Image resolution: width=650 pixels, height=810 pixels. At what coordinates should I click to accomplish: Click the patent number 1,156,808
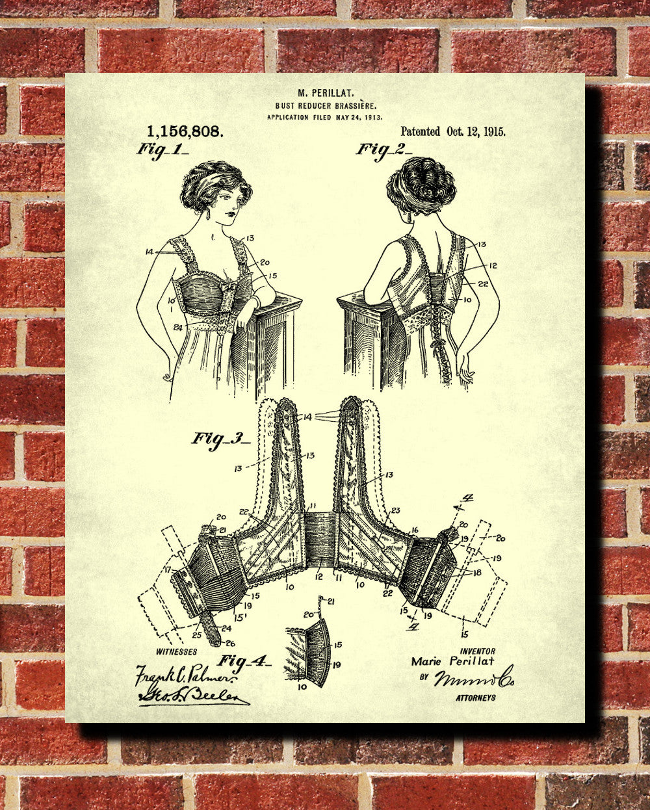185,131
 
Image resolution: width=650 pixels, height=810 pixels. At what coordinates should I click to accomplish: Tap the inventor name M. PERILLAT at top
324,94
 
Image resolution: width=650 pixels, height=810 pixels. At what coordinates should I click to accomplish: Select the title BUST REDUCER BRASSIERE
324,105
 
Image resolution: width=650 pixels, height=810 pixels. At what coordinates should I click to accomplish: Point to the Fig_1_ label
162,149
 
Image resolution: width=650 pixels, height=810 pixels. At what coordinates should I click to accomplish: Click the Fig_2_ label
383,150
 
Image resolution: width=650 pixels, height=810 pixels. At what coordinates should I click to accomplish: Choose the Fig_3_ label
220,439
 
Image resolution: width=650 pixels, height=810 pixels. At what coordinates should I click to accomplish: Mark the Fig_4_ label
243,662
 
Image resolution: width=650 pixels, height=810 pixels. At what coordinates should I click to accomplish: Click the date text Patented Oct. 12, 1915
453,131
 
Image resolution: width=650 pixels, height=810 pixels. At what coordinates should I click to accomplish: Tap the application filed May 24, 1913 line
324,118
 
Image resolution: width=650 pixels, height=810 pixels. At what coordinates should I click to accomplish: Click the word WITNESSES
176,651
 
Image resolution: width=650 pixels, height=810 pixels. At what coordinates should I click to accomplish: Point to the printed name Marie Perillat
452,661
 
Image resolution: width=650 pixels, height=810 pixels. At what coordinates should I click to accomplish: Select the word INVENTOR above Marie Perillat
477,651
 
